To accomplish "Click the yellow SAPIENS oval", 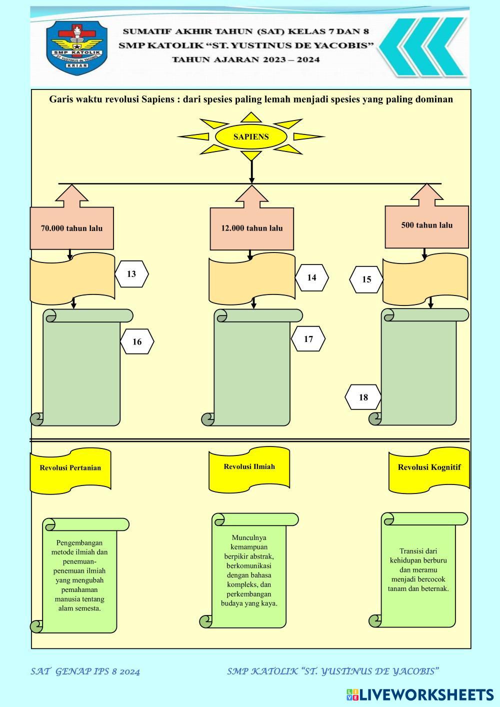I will click(251, 137).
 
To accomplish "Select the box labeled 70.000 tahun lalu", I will click(71, 228).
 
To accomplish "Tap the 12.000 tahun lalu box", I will click(251, 228).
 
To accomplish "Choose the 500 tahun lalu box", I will click(426, 225).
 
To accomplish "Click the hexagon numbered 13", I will click(131, 274).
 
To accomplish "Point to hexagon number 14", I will click(311, 278).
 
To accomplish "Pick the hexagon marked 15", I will click(366, 279).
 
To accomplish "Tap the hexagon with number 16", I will click(137, 342).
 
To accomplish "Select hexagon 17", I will click(308, 339).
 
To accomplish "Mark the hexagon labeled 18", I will click(363, 397).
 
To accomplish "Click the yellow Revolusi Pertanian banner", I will click(70, 468).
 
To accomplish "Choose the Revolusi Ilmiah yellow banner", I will click(249, 467).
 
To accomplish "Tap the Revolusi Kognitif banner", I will click(429, 468).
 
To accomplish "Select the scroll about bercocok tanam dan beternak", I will click(418, 570).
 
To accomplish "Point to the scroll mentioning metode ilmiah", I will click(79, 575).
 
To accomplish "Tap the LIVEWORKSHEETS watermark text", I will click(420, 694).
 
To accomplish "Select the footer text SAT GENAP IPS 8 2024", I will click(85, 671).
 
